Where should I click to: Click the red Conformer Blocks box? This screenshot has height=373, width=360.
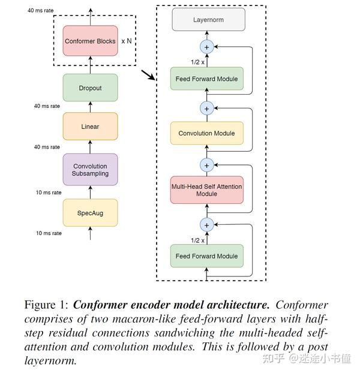(90, 41)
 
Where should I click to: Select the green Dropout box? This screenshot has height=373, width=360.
(90, 88)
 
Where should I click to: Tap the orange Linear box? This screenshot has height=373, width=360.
(90, 127)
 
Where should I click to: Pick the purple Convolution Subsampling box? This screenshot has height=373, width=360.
(90, 170)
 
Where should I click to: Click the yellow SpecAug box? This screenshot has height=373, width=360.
(90, 213)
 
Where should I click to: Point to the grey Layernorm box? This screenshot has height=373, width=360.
(208, 20)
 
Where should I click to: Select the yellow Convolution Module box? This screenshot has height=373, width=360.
(207, 133)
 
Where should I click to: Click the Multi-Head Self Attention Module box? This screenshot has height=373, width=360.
(207, 190)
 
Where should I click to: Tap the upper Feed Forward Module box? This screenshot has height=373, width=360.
(207, 79)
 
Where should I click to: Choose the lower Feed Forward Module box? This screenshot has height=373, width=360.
(207, 256)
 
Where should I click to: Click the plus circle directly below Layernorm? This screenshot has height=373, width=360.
(207, 46)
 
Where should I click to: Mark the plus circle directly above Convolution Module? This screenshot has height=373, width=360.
(207, 109)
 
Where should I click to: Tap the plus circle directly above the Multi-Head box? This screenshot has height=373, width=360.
(207, 164)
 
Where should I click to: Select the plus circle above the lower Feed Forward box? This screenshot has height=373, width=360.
(207, 224)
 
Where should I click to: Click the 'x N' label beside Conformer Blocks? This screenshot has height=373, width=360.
(127, 41)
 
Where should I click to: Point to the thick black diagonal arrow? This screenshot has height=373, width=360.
(147, 76)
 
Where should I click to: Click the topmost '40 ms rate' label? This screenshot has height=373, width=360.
(44, 11)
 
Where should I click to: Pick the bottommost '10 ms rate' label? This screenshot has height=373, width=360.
(47, 233)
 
